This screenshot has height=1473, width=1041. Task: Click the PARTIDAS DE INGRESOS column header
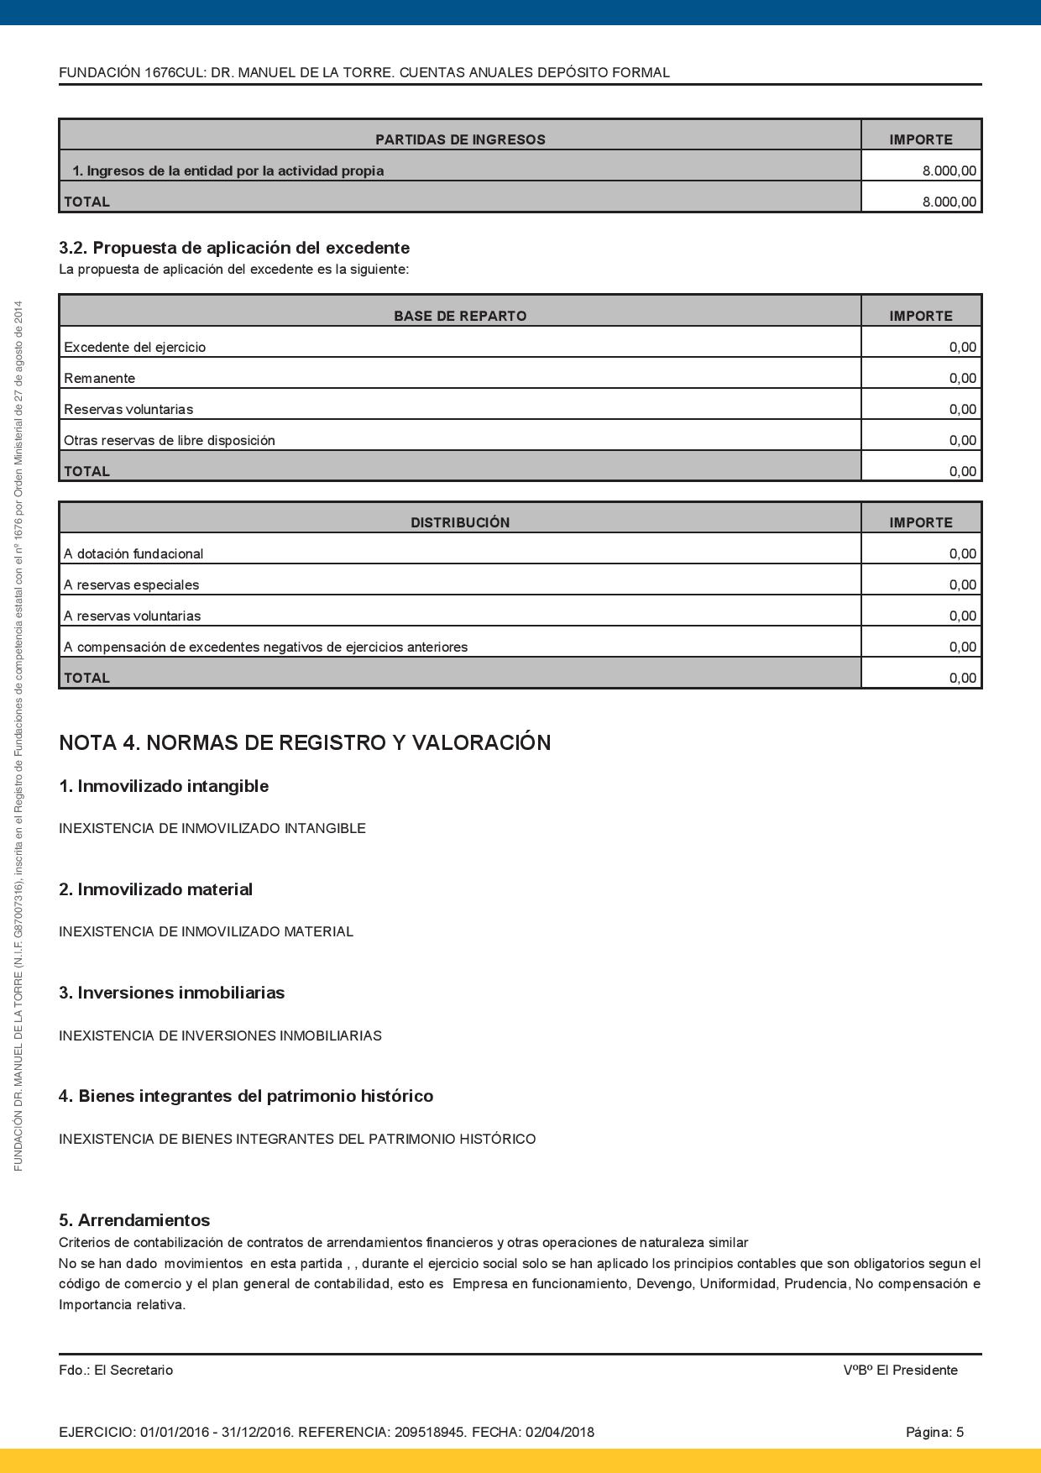coord(460,139)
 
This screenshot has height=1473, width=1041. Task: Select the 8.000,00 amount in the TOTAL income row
coord(949,202)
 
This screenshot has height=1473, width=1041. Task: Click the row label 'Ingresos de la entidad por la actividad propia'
coord(228,170)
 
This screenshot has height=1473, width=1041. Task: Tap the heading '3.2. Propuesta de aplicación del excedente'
coord(234,248)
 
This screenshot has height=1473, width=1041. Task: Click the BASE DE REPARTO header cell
coord(460,316)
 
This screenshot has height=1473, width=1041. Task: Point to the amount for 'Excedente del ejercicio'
coord(962,347)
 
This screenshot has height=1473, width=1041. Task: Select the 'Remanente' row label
coord(99,378)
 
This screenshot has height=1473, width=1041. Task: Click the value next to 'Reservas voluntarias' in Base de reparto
coord(962,409)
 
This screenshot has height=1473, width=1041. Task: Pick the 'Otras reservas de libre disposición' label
coord(170,440)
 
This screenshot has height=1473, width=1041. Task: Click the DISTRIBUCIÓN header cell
coord(460,522)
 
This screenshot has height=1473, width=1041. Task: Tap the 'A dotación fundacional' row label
coord(133,553)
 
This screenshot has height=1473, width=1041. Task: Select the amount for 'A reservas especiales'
coord(962,584)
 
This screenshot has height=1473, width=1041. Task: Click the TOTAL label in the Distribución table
coord(86,678)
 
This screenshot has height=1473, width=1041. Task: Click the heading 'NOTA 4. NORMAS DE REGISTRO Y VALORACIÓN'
coord(305,742)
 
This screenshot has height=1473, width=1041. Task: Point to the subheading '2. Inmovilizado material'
coord(155,889)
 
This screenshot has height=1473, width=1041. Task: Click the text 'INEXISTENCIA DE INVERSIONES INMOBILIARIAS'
coord(220,1035)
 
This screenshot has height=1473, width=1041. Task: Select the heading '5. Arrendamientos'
coord(134,1219)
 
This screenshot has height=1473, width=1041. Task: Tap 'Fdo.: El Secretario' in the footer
coord(116,1370)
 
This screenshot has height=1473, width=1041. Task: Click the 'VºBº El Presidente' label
coord(900,1370)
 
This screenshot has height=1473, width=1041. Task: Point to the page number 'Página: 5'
coord(934,1432)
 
